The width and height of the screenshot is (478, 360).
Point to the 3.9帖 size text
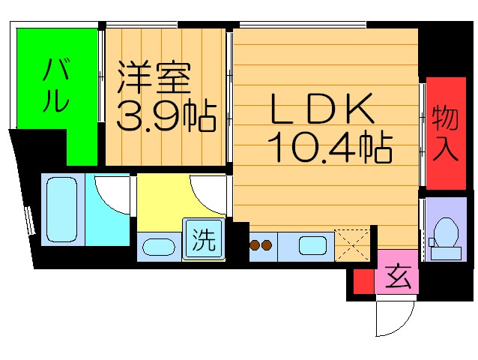click(x=166, y=115)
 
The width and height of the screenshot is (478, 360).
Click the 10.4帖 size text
click(x=330, y=148)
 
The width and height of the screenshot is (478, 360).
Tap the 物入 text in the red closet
click(x=445, y=133)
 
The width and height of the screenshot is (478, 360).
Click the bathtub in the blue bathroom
click(x=62, y=210)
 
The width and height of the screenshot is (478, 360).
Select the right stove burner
click(x=266, y=244)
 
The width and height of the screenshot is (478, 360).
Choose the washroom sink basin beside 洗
click(x=158, y=246)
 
